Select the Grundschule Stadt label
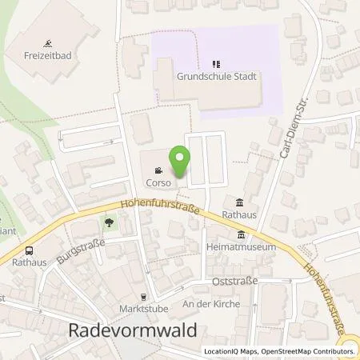click(214, 78)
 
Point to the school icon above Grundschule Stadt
click(214, 65)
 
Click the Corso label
click(158, 182)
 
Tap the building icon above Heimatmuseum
click(241, 234)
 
